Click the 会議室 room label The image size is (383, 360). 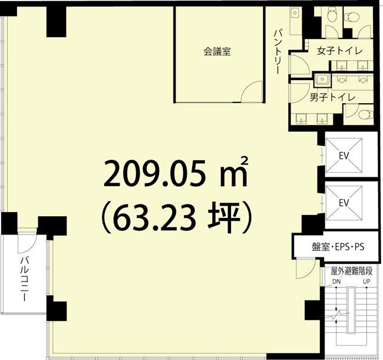pos(217,51)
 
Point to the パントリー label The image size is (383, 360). pos(278,51)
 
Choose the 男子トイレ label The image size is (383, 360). pos(332,97)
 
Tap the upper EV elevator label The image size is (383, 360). pos(344,156)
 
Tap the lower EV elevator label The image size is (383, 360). pos(344,203)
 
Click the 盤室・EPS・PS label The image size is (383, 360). pos(338,247)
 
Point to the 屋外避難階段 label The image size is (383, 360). pos(351,271)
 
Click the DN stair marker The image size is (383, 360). pos(336,282)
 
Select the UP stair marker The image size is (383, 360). pos(367,282)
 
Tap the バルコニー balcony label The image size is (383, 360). pos(24,279)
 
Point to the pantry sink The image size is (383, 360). pos(295,12)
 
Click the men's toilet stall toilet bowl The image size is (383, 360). pos(366,114)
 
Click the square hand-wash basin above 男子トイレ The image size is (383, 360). pos(322,80)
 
